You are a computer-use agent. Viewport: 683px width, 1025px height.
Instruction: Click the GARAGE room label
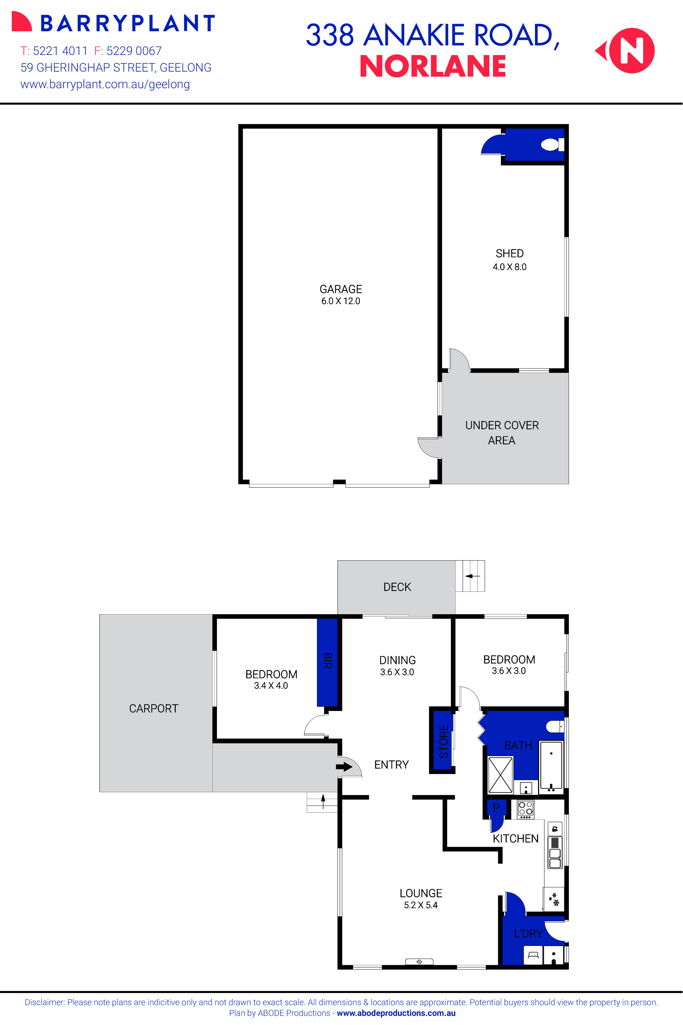point(341,289)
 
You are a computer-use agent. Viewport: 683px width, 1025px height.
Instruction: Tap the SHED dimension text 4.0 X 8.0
point(509,267)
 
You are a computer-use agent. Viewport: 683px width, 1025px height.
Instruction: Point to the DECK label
point(397,587)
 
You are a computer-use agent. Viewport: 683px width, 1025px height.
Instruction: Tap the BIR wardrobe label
point(328,660)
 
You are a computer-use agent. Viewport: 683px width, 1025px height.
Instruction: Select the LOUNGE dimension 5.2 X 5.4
point(420,905)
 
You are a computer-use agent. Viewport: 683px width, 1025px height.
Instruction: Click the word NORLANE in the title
point(433,67)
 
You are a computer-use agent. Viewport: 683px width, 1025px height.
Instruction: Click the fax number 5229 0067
point(134,51)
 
